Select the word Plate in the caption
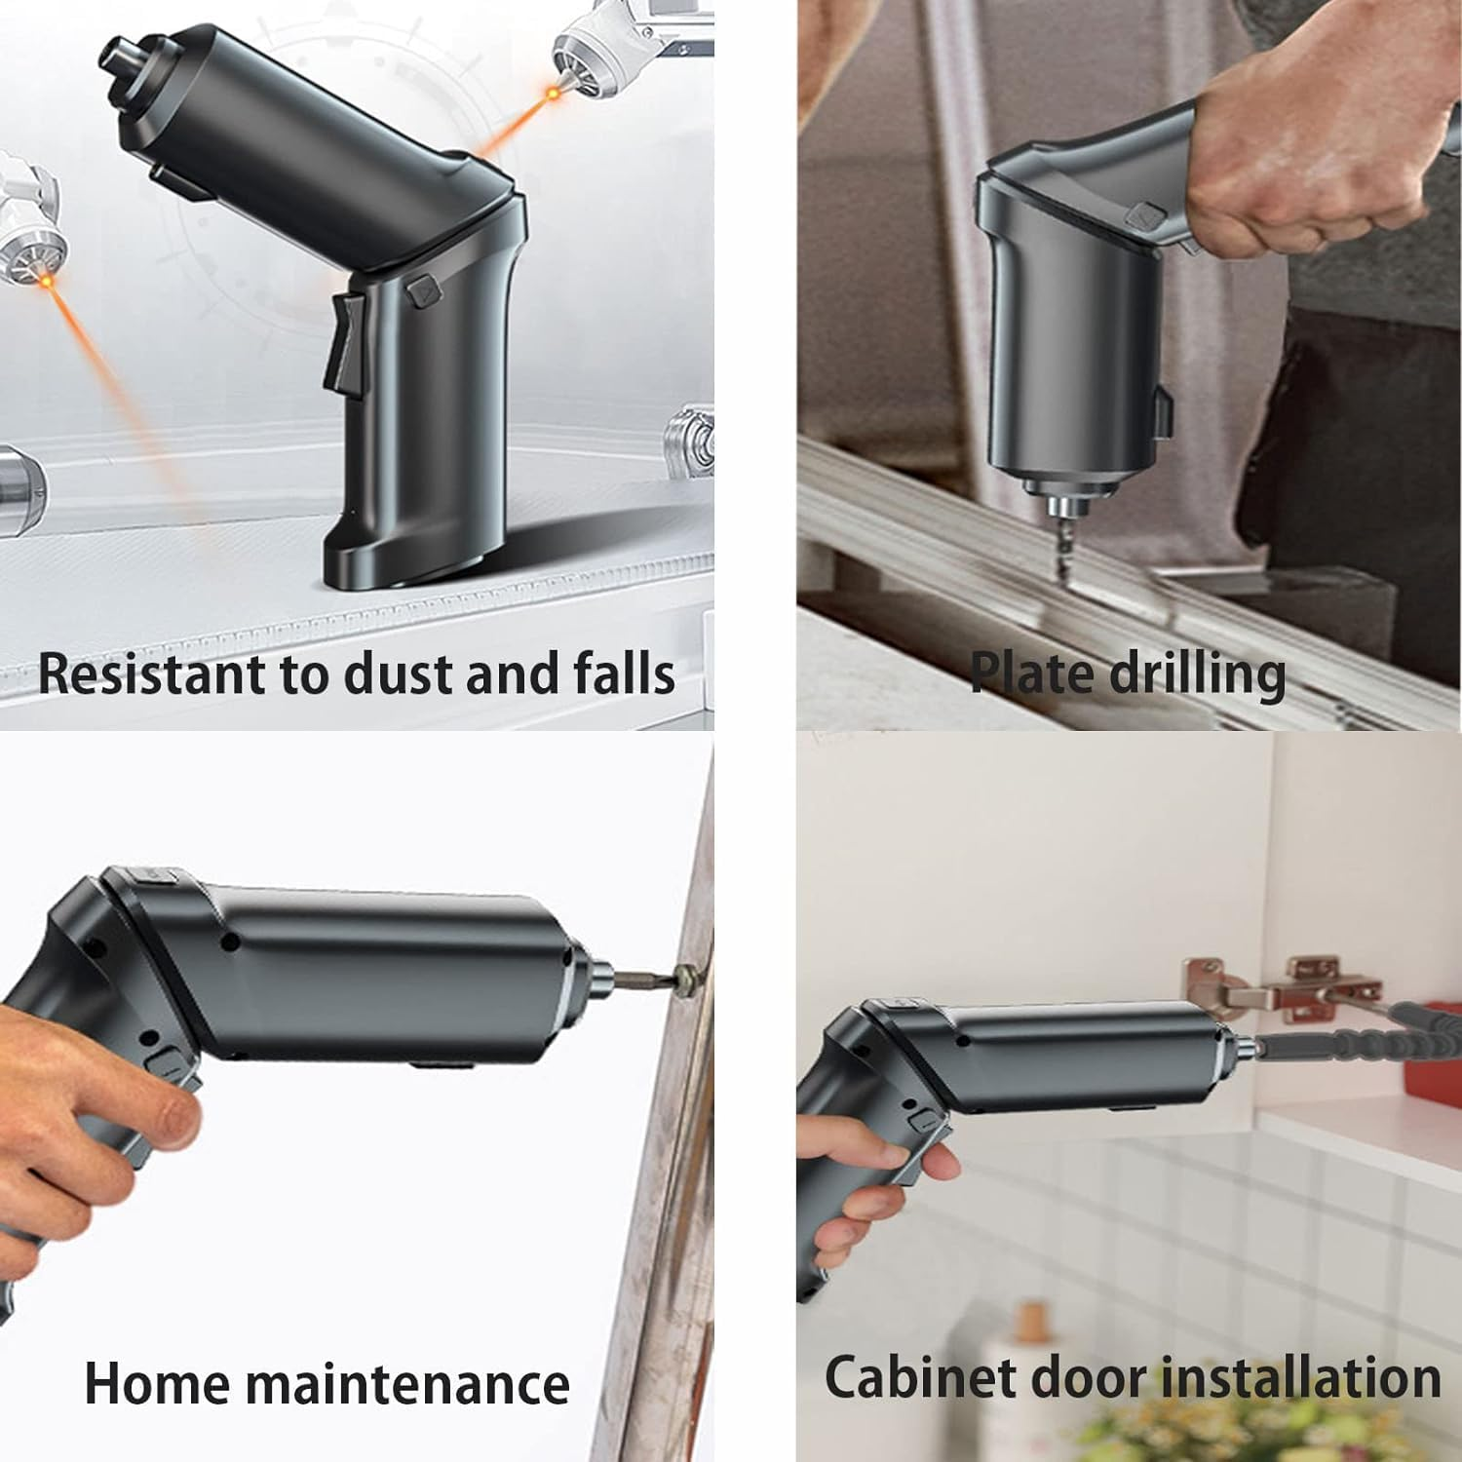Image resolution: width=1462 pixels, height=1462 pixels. click(x=1029, y=672)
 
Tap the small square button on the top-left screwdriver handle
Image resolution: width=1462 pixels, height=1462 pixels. click(x=423, y=290)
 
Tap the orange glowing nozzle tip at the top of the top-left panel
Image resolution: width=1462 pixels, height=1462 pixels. click(x=554, y=93)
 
